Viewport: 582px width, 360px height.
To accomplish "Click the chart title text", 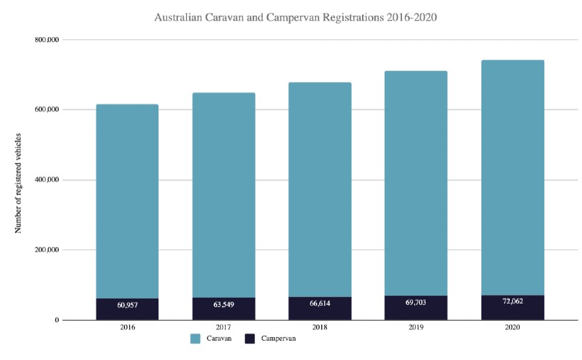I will tap(295, 16).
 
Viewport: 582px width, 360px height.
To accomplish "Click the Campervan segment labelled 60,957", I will tap(127, 305).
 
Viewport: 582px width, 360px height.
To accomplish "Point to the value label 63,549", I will tap(224, 305).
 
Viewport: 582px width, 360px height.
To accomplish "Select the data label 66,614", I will tap(320, 304).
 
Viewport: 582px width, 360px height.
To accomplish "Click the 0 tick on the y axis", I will tap(56, 320).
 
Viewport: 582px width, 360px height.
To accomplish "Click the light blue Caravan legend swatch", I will tap(196, 339).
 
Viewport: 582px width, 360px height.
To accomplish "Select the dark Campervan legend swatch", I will tap(251, 339).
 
